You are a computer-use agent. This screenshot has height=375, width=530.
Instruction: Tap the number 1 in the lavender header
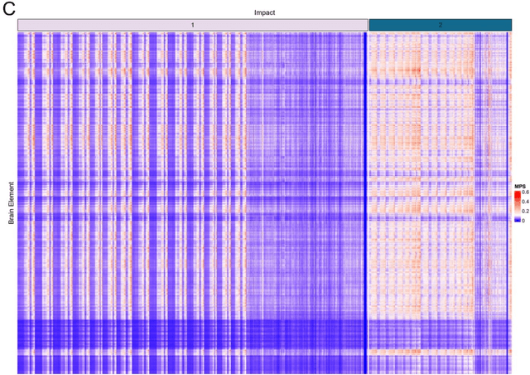point(192,25)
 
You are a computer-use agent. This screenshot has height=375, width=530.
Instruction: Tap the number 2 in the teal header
point(440,25)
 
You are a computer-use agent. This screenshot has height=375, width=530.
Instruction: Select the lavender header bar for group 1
point(99,25)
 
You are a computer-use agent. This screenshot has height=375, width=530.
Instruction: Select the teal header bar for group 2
point(480,25)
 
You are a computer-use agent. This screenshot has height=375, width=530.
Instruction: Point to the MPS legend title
point(519,187)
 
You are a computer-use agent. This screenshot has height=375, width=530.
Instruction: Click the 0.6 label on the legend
point(525,192)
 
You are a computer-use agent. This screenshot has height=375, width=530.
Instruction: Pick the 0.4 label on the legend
point(525,202)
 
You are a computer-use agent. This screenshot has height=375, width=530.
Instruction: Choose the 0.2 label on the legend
point(525,212)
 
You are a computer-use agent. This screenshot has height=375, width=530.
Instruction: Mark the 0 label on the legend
point(523,222)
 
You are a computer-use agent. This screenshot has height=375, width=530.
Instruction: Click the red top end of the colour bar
point(517,193)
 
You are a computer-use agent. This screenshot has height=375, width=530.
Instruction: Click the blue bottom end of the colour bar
point(517,222)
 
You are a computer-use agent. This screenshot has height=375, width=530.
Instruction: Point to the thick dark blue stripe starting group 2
point(366,199)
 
